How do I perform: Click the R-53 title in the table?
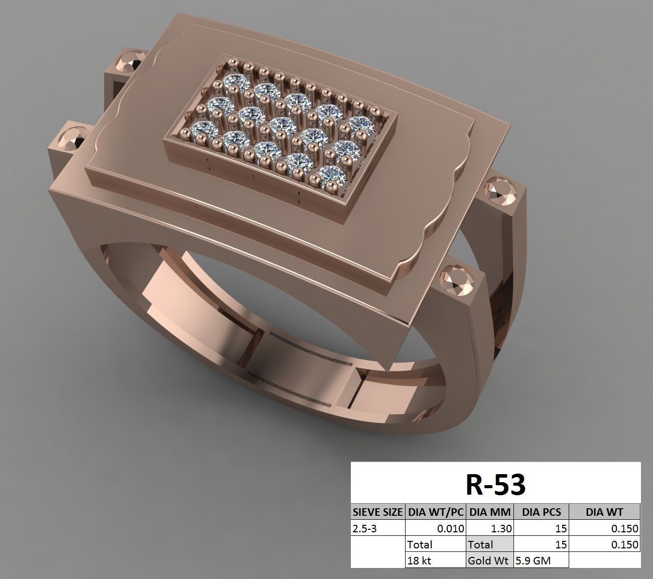[495, 485]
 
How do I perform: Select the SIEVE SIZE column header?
[377, 512]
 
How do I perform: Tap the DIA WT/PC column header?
[435, 512]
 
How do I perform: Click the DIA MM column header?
[490, 512]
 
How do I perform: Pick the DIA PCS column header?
[541, 512]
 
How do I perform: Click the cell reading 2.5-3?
[377, 528]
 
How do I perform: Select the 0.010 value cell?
[435, 528]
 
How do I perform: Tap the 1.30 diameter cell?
[490, 528]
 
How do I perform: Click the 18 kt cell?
[435, 560]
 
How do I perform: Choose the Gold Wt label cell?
[490, 560]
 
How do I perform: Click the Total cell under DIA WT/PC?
[435, 544]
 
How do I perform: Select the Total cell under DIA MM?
[490, 544]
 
